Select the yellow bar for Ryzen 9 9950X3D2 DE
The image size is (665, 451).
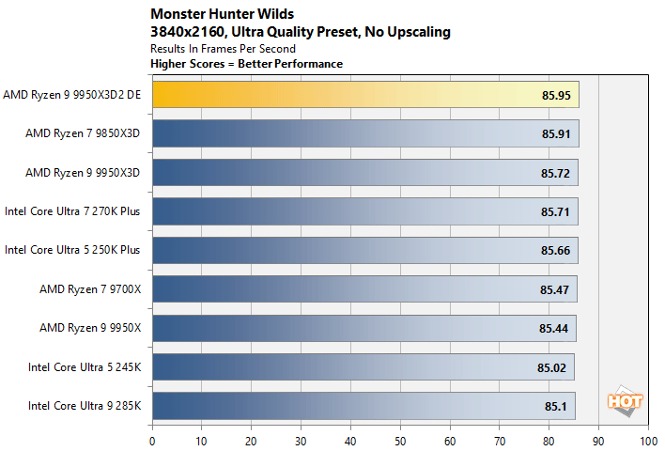pyautogui.click(x=364, y=95)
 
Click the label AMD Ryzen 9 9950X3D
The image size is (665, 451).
pyautogui.click(x=83, y=173)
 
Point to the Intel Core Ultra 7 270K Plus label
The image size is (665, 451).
pyautogui.click(x=72, y=211)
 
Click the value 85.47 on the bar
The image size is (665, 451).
pyautogui.click(x=555, y=289)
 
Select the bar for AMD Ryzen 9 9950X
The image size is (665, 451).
pyautogui.click(x=363, y=329)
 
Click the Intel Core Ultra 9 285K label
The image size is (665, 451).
pyautogui.click(x=84, y=406)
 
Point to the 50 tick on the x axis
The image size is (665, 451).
pyautogui.click(x=400, y=438)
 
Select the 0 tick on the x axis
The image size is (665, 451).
pyautogui.click(x=152, y=438)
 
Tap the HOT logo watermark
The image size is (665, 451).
pyautogui.click(x=626, y=401)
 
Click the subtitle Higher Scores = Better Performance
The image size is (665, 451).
pyautogui.click(x=246, y=64)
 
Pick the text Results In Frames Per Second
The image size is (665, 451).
pyautogui.click(x=223, y=49)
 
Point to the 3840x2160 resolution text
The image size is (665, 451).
pyautogui.click(x=187, y=32)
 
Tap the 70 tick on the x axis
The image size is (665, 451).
pyautogui.click(x=499, y=438)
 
